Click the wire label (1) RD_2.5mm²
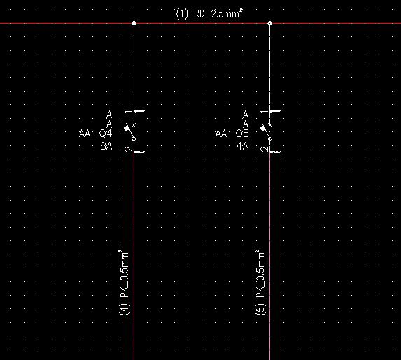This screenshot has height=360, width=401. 209,13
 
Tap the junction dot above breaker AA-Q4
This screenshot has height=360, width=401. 134,23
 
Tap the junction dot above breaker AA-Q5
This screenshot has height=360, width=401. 270,23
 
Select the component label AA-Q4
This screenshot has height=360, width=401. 95,134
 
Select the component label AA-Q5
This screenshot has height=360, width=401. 232,134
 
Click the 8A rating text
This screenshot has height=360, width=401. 106,146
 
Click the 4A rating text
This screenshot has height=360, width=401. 242,146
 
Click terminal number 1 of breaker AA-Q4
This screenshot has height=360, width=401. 127,112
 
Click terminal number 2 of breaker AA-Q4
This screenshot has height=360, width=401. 127,149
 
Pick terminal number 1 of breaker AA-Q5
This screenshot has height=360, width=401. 263,112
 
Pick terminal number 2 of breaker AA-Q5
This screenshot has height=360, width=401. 263,149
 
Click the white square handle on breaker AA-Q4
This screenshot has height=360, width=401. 127,128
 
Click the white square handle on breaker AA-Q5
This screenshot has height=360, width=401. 263,128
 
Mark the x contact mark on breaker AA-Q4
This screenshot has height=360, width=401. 134,125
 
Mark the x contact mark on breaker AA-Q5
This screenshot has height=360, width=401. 270,125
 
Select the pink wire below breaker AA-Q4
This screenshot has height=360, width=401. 134,256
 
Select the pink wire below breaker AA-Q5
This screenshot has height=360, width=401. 270,256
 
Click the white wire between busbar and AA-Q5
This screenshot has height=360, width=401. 270,67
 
